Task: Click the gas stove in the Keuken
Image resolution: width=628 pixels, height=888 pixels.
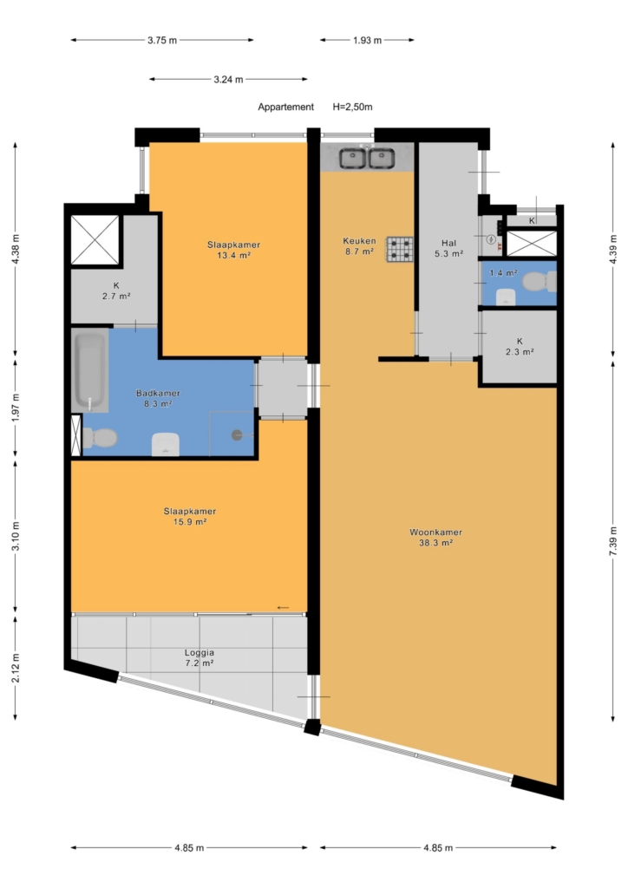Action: (400, 249)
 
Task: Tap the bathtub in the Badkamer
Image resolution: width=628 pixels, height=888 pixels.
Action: (90, 370)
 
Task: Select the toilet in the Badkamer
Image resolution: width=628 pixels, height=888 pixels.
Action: (101, 438)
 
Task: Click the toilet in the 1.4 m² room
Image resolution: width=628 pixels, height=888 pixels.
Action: (540, 281)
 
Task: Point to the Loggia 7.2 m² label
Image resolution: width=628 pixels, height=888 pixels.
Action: (200, 657)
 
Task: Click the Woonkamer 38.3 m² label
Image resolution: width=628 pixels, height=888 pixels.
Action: (435, 538)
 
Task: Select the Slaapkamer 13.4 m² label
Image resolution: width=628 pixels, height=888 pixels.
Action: (233, 250)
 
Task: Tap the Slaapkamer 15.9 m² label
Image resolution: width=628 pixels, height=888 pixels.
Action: (190, 517)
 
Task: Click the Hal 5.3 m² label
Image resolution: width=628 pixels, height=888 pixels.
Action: (449, 249)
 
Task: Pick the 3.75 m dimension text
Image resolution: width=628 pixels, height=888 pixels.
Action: (162, 40)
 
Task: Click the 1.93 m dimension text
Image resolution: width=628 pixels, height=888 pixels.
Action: (367, 40)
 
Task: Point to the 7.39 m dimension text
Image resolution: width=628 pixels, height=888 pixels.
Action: (613, 541)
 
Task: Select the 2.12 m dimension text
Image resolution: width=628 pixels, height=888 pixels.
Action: (16, 668)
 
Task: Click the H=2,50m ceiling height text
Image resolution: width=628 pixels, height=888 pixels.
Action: (352, 107)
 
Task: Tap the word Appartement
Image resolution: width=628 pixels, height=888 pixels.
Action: (286, 107)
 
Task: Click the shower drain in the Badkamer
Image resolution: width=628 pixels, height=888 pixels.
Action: (237, 435)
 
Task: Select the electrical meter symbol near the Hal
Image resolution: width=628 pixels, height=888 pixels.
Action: (491, 239)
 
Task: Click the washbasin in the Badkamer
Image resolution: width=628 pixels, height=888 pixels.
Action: (166, 445)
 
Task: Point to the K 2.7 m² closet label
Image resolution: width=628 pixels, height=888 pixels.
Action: (116, 291)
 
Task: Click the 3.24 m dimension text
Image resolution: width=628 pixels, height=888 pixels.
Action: (228, 80)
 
